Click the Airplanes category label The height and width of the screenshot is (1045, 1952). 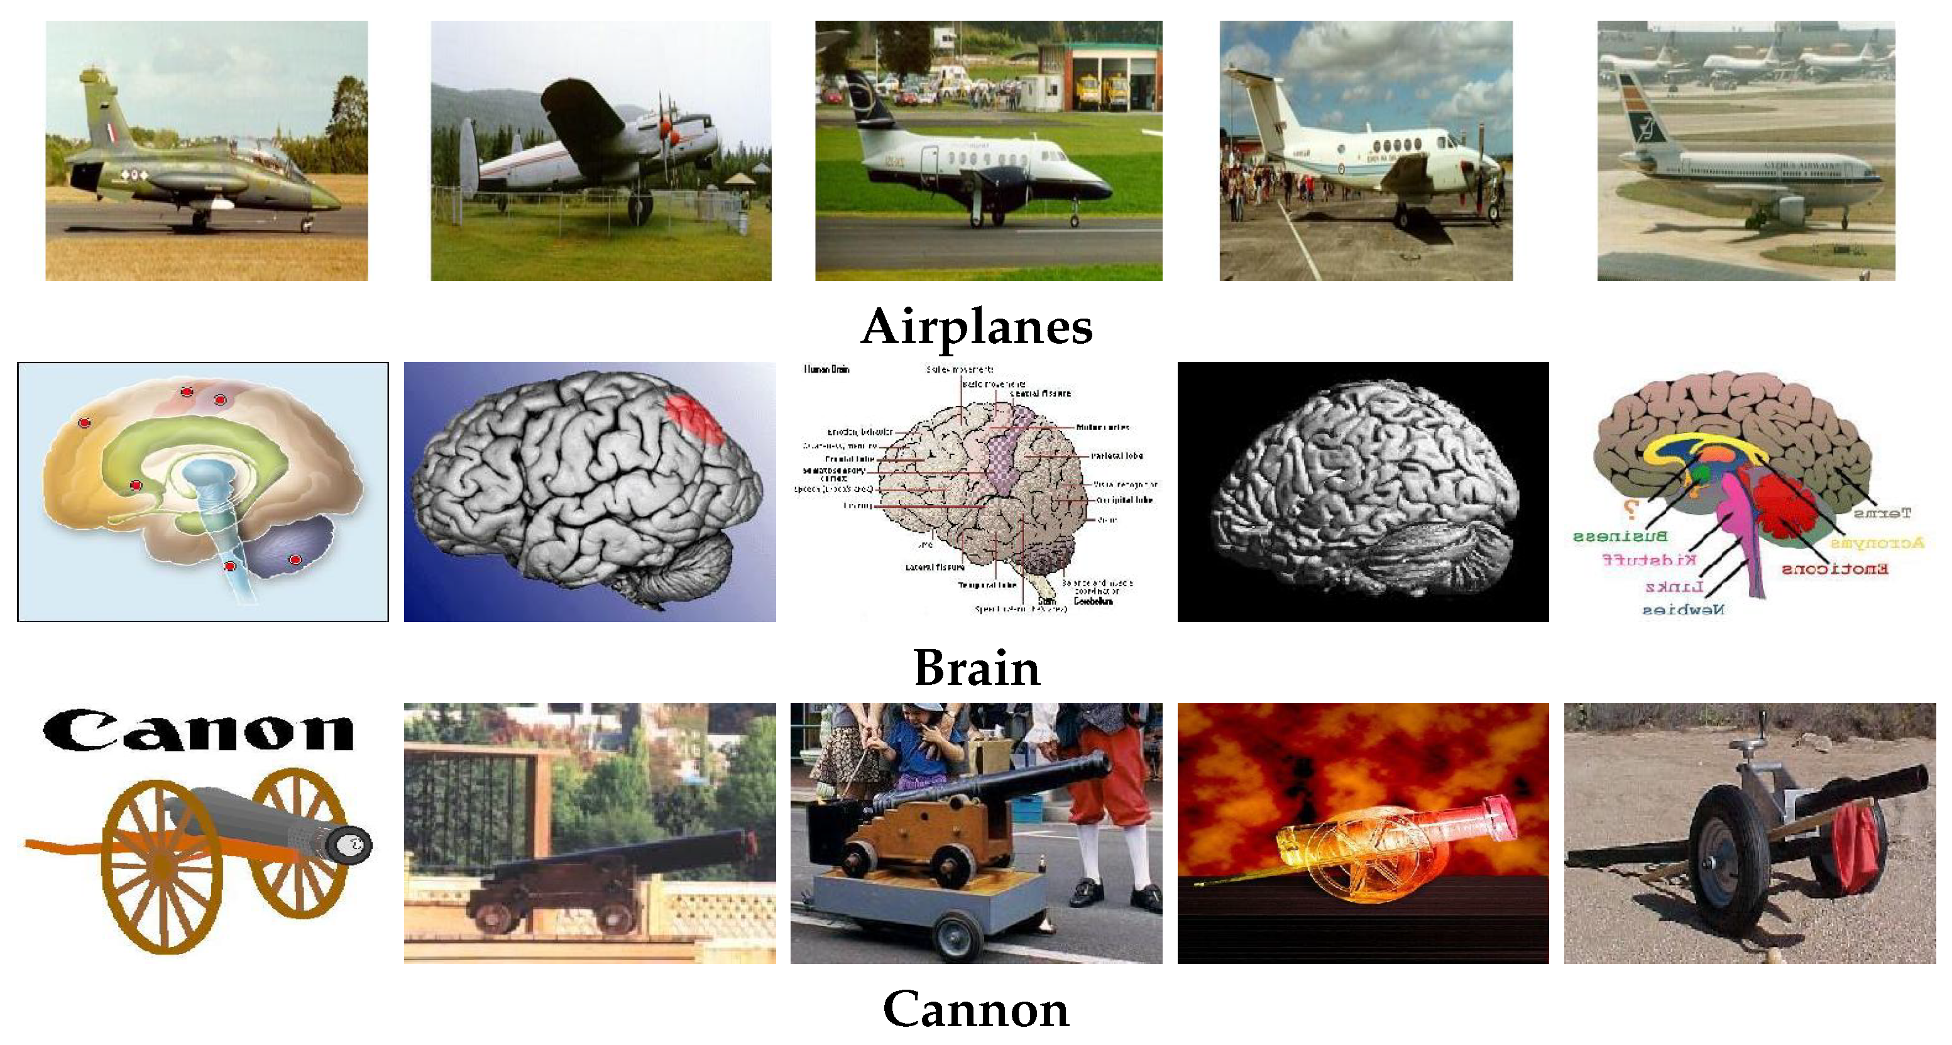click(976, 327)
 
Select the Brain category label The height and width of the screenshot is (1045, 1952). click(976, 669)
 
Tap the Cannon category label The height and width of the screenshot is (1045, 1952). click(976, 1009)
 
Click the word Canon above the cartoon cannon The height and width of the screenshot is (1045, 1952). click(199, 731)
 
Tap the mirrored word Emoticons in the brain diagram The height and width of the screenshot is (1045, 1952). click(1834, 568)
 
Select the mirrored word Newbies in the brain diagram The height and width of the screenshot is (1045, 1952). click(1683, 608)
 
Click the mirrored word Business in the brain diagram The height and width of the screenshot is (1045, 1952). click(1620, 537)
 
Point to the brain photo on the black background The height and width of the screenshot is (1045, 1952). click(1363, 493)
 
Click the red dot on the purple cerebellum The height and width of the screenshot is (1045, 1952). click(295, 559)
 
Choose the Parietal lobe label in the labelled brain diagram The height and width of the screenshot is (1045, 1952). click(1116, 456)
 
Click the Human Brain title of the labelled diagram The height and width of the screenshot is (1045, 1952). click(826, 369)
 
